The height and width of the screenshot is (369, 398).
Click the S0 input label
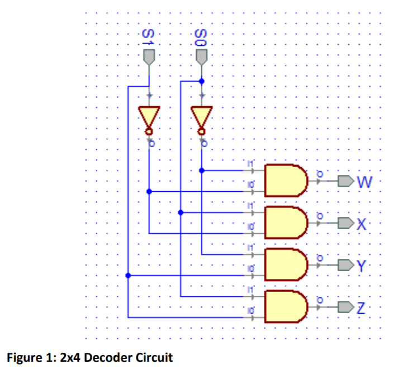200,37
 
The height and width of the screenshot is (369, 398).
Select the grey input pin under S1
149,56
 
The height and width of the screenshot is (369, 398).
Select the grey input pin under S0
202,56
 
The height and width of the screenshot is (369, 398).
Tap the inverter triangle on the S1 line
149,117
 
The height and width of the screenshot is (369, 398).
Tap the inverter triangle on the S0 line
202,117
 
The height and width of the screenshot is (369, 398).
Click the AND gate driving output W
286,180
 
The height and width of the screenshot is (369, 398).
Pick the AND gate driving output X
286,222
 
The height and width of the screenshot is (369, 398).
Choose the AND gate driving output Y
286,264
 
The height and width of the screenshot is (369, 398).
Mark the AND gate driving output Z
286,306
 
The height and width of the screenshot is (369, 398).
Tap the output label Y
361,266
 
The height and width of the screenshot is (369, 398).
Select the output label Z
362,307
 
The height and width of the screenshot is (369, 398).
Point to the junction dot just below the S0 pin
202,81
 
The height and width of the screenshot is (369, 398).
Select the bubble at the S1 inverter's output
149,132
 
